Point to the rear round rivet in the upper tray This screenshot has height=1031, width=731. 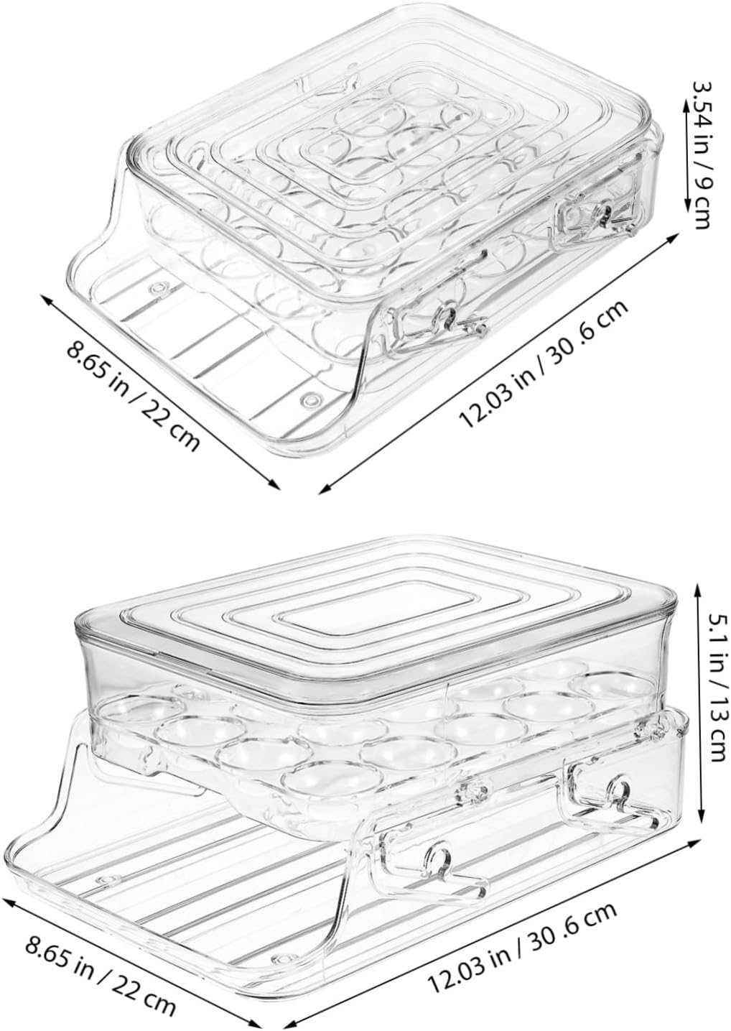point(155,288)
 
